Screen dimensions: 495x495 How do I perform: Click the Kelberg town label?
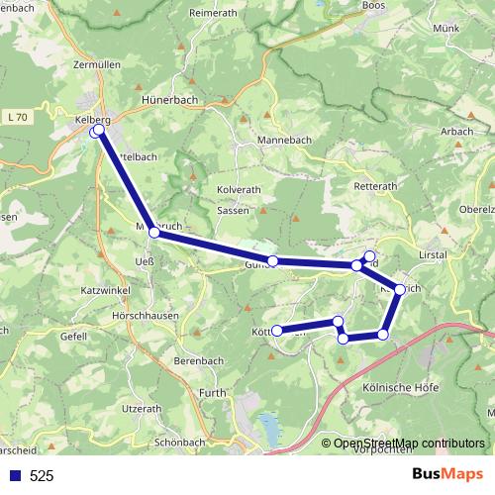(91, 120)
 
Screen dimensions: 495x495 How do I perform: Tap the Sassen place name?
(233, 211)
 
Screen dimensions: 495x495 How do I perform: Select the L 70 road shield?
(16, 118)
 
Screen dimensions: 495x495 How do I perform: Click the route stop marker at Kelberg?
(98, 130)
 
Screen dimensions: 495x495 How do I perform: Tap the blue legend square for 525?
(13, 475)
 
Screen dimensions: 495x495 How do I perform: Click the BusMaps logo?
(445, 474)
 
